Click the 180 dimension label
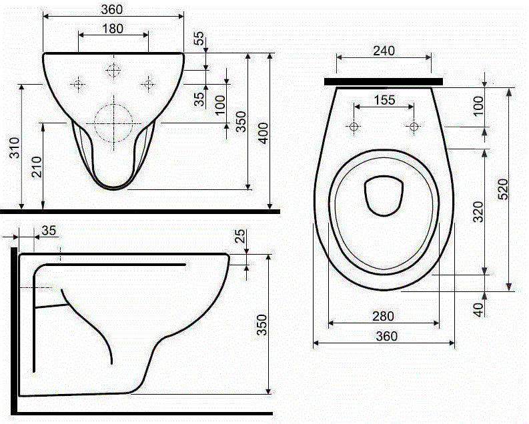pos(113,29)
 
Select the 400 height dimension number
pos(263,133)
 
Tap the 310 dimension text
pos(15,147)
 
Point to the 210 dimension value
pos(37,167)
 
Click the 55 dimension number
pos(199,38)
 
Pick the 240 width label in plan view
pos(384,51)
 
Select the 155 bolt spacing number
pos(385,100)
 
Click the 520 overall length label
pos(503,189)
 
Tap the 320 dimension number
pos(478,211)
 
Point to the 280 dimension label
pos(384,316)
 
